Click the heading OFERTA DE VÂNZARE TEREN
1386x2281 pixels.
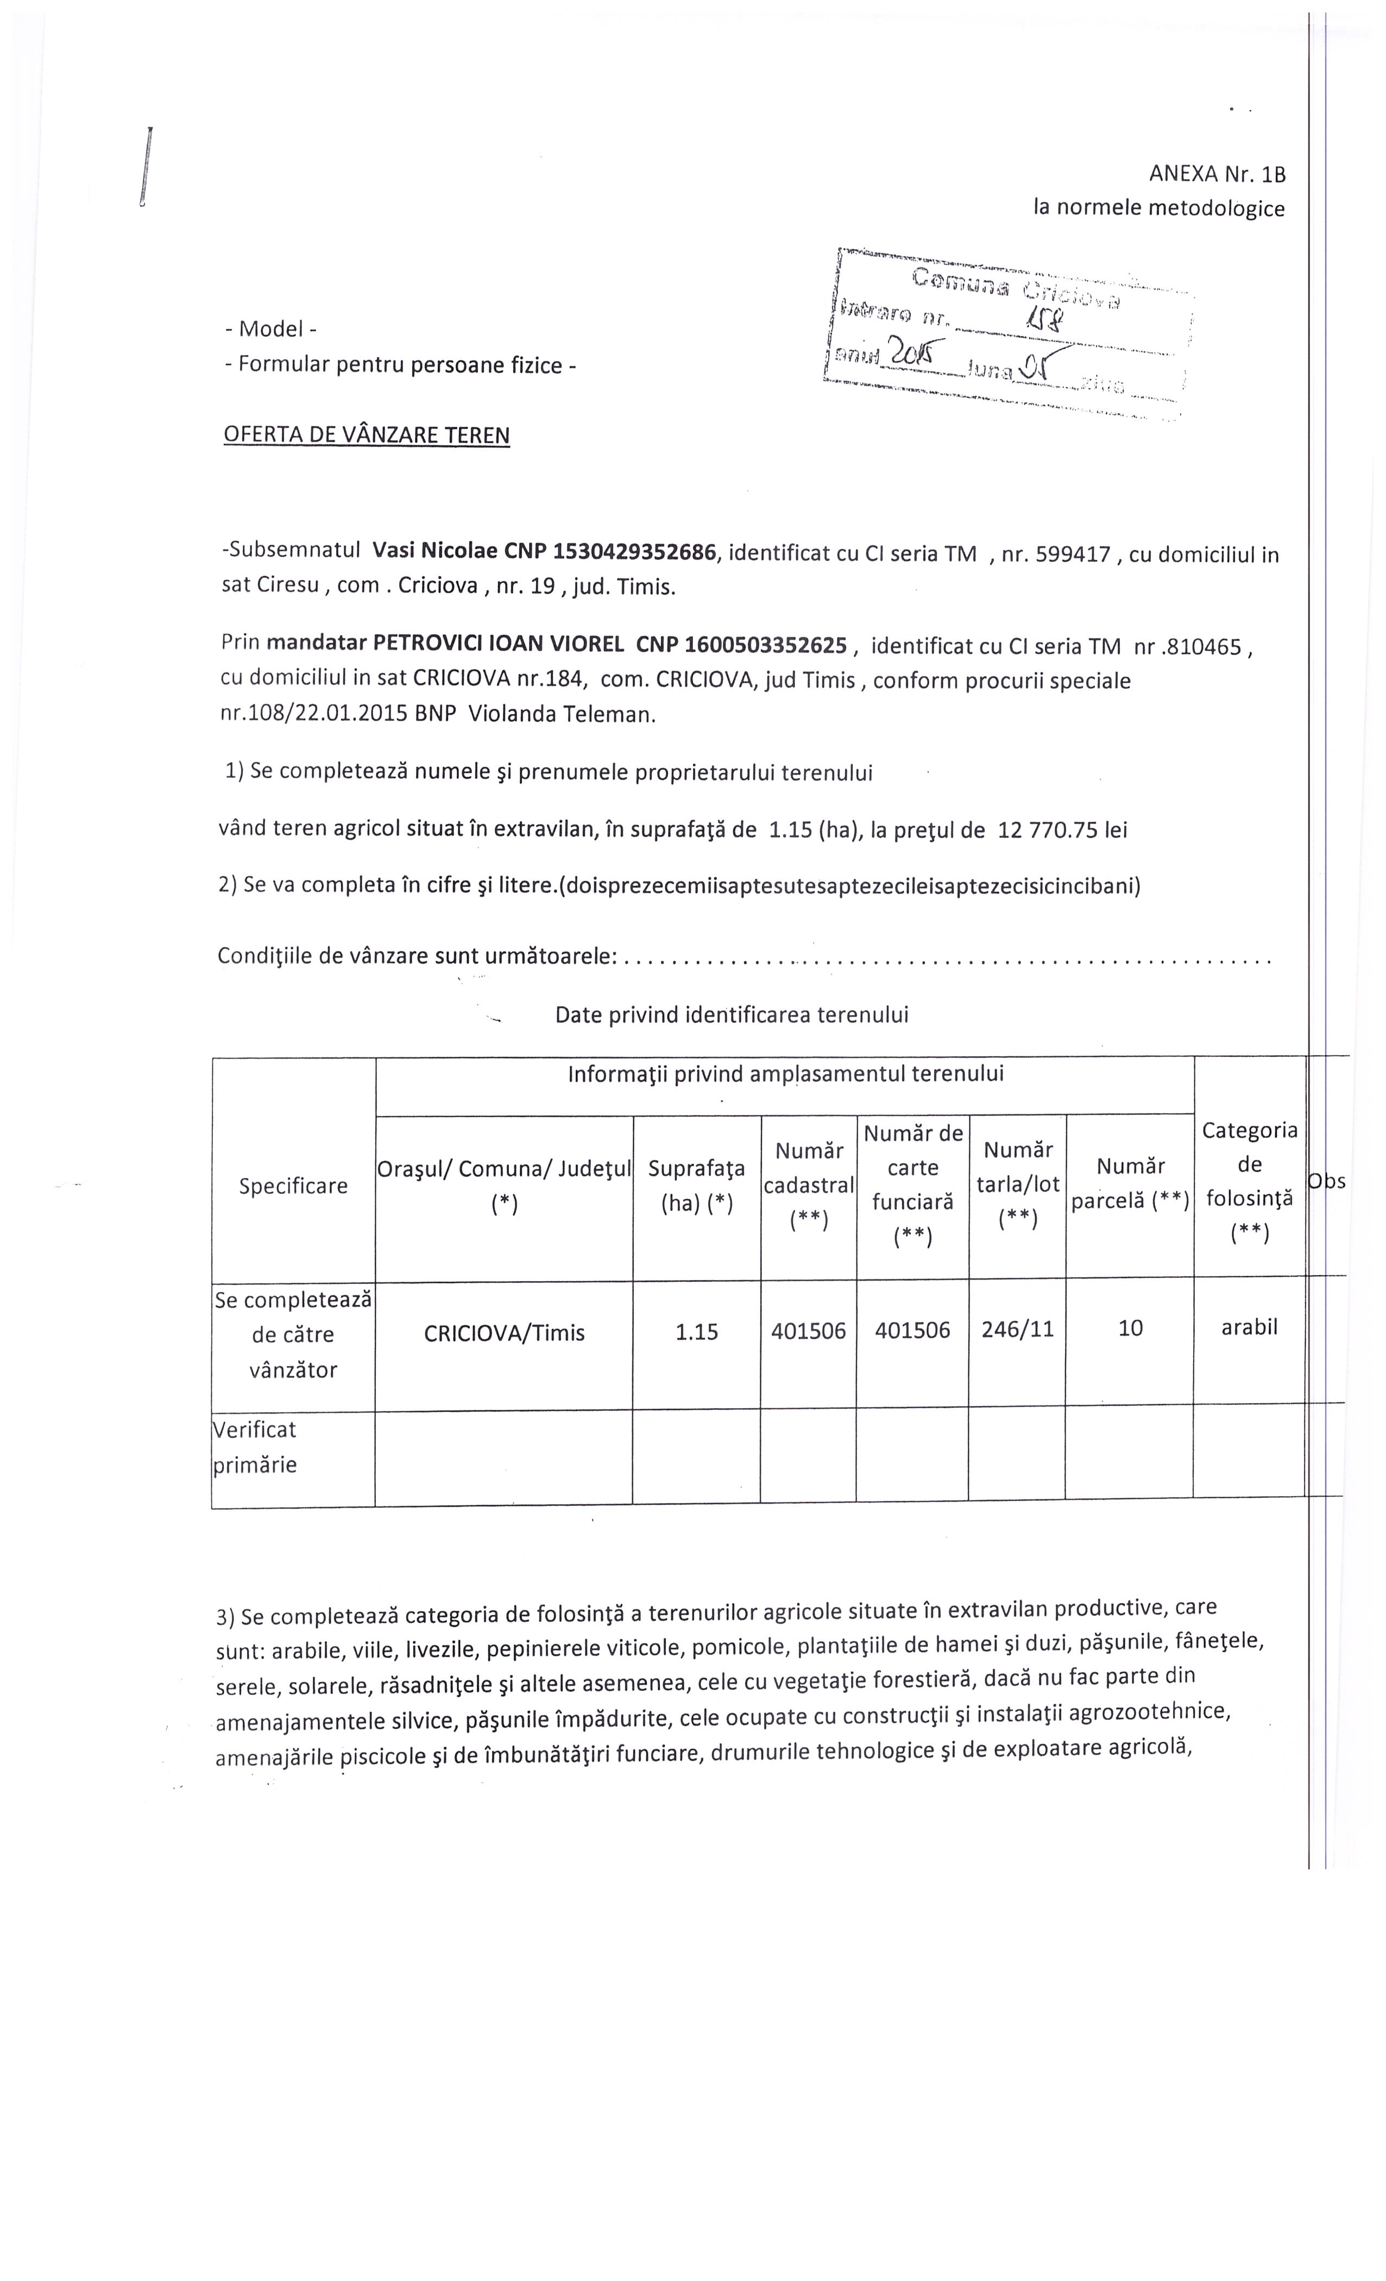point(367,435)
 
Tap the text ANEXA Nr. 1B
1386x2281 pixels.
point(1217,173)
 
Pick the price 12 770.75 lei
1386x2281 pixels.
point(1062,829)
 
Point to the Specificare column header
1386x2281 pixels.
point(293,1186)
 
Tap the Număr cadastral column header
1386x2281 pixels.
point(808,1186)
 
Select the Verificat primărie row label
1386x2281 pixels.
point(256,1447)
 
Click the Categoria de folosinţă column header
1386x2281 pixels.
point(1249,1181)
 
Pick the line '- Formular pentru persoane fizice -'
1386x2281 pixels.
point(400,365)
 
